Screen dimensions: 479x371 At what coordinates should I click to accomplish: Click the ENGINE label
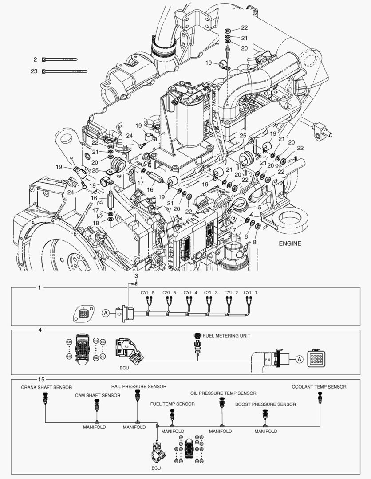click(x=290, y=243)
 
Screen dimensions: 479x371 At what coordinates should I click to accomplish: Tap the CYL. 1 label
click(x=250, y=293)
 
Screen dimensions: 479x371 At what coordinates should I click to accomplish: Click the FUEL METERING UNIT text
click(x=226, y=336)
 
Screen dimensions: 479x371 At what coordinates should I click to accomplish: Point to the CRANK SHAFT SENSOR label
click(x=46, y=387)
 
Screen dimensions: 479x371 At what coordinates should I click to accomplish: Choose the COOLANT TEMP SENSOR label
click(x=319, y=387)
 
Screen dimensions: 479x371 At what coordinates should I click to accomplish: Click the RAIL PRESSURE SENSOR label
click(x=138, y=386)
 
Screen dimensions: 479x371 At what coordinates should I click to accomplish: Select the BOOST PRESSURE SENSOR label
click(x=265, y=404)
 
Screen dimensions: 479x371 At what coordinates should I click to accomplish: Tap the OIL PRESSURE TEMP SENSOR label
click(x=223, y=393)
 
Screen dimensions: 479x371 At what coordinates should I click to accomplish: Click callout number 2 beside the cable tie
click(x=36, y=59)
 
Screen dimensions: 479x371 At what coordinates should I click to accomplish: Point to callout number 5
click(x=259, y=207)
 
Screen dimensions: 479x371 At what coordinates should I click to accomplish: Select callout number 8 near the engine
click(x=255, y=242)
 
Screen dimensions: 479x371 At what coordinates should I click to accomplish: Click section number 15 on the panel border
click(x=41, y=379)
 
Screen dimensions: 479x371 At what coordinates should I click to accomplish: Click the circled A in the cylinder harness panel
click(x=105, y=313)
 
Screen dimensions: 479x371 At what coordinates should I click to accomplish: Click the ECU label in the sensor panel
click(x=156, y=468)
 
